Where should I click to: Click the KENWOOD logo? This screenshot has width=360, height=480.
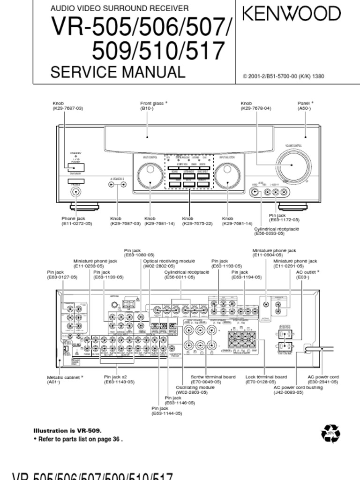pos(291,14)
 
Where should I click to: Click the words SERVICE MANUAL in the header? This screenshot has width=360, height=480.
pos(118,73)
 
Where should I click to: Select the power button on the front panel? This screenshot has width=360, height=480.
pos(75,167)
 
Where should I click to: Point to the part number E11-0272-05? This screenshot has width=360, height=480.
pos(77,224)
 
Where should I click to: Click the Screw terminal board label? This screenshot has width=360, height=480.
pos(213,376)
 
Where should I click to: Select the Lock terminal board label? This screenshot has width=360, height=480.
pos(266,376)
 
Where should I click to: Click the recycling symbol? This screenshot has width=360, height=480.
pos(330,434)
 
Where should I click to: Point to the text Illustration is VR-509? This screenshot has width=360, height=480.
pos(67,430)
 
